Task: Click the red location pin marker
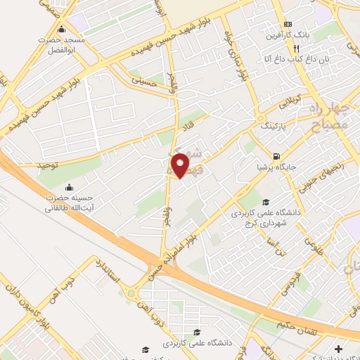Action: click(180, 165)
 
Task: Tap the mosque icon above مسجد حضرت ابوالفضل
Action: click(62, 30)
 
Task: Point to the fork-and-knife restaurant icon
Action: click(297, 49)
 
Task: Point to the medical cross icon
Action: click(338, 349)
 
